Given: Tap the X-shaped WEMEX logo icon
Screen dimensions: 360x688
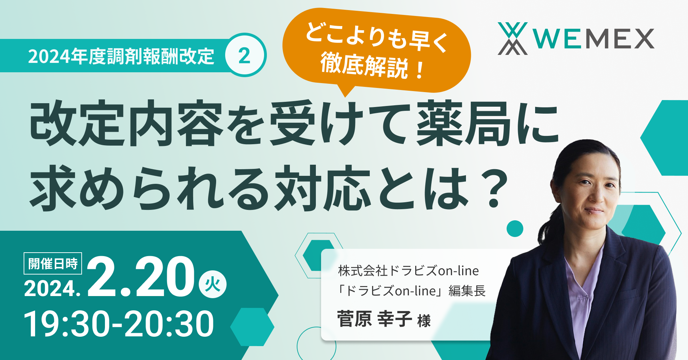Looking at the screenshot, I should (x=513, y=39).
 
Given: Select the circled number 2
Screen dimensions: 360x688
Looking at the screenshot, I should (x=245, y=55).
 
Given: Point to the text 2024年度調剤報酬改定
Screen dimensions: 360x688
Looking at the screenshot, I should (x=121, y=56).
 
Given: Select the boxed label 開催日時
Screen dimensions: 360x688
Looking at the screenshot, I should (x=53, y=264).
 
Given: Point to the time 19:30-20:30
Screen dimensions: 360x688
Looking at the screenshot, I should (x=118, y=324).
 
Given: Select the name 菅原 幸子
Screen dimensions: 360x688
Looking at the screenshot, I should (x=374, y=319).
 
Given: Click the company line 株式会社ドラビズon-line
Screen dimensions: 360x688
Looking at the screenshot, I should (x=408, y=271).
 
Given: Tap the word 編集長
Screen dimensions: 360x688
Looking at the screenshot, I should (x=467, y=291).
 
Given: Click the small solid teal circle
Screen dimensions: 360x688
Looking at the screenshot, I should (x=515, y=229).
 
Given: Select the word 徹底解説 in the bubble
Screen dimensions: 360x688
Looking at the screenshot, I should (x=364, y=66).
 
